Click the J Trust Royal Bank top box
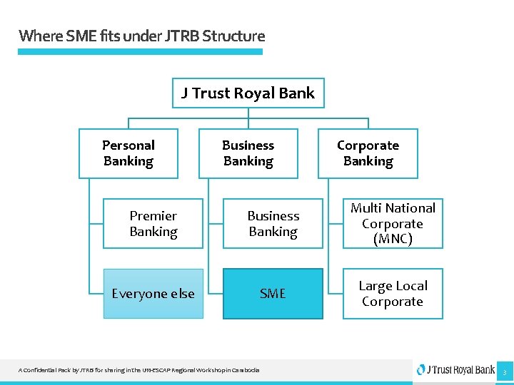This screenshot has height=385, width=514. point(248,93)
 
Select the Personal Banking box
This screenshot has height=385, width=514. point(128,153)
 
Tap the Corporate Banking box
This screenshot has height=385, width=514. point(368,153)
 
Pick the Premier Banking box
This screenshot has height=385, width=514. point(153,223)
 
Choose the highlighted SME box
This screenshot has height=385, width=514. point(273,293)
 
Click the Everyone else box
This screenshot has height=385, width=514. point(153,293)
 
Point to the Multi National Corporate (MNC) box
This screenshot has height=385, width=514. point(393,223)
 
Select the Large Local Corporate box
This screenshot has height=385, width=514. point(393,293)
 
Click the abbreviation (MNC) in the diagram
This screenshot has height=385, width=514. point(393,240)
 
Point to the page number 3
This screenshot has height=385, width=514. point(504,371)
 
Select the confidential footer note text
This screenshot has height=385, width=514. point(139,370)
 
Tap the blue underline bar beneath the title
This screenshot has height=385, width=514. point(140,51)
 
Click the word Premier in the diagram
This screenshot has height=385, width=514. point(153,215)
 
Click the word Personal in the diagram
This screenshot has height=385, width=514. point(128,145)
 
